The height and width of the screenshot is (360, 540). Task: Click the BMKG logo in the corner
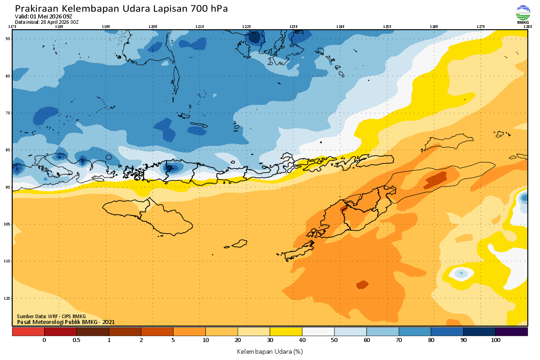pyautogui.click(x=523, y=14)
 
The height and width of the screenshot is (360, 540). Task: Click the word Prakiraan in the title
pyautogui.click(x=36, y=9)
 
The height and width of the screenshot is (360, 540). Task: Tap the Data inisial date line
pyautogui.click(x=47, y=22)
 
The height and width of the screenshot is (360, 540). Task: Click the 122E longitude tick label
pyautogui.click(x=247, y=27)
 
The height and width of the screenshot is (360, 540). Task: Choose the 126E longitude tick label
pyautogui.click(x=434, y=27)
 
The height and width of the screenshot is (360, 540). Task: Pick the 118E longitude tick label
pyautogui.click(x=59, y=27)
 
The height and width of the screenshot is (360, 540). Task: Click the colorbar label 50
pyautogui.click(x=334, y=340)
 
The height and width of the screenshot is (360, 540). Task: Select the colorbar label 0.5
pyautogui.click(x=76, y=340)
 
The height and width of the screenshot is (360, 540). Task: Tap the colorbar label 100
pyautogui.click(x=495, y=340)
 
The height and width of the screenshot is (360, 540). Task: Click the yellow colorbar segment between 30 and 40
pyautogui.click(x=286, y=332)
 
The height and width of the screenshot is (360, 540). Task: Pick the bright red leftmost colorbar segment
pyautogui.click(x=28, y=332)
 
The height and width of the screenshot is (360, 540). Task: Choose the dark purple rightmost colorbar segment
pyautogui.click(x=512, y=332)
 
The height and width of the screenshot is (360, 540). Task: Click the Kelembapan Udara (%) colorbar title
pyautogui.click(x=270, y=351)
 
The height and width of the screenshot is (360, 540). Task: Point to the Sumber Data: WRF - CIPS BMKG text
pyautogui.click(x=51, y=316)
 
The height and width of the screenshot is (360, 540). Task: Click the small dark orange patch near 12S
pyautogui.click(x=362, y=284)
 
